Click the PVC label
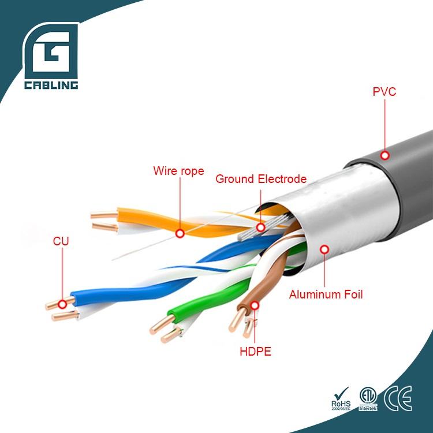pos(384,91)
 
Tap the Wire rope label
pos(178,171)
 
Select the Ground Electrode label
pos(261,179)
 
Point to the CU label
pos(61,241)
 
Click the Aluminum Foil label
pos(326,294)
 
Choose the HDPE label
pos(255,350)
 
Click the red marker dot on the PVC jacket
pos(385,155)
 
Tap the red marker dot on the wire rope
pos(180,234)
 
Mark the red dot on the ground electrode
pos(261,227)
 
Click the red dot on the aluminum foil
pos(324,249)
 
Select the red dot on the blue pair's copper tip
pos(62,304)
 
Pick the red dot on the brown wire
pos(255,304)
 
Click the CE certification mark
pos(398,399)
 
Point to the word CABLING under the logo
pos(51,85)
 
